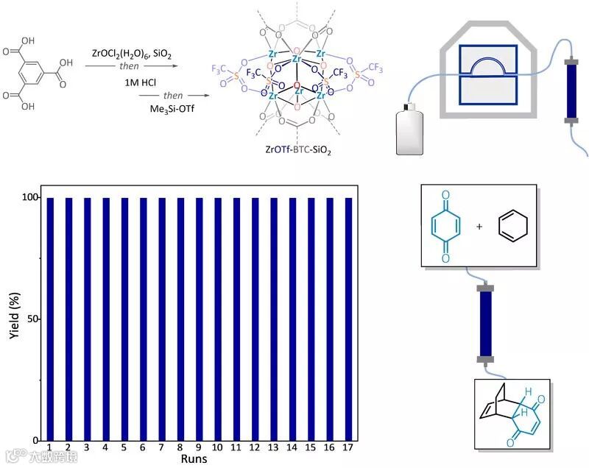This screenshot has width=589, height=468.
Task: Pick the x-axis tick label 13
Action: click(x=274, y=448)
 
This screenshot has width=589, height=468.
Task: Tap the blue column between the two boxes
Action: click(x=486, y=324)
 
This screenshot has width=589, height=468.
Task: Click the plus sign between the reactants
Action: click(x=479, y=227)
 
